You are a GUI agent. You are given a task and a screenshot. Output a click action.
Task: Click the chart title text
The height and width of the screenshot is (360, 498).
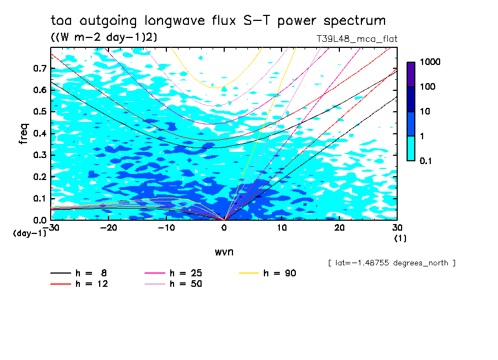click(218, 21)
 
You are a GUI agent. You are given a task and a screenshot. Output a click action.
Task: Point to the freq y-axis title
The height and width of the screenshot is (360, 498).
click(23, 134)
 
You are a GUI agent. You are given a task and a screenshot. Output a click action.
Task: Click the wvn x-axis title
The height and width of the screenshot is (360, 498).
click(224, 252)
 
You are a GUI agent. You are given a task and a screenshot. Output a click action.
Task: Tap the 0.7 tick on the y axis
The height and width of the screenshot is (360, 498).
click(41, 68)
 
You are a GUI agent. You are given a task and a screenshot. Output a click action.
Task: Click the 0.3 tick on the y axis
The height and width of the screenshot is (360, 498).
click(41, 155)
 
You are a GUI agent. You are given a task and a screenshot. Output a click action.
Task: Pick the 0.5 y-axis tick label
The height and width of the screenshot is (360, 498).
click(41, 112)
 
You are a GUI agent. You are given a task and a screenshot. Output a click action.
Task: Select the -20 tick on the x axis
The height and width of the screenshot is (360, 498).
click(108, 227)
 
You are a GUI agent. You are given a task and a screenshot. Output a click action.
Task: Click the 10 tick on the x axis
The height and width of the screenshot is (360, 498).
click(282, 227)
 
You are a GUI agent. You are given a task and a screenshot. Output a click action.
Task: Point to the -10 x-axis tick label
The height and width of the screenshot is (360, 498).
click(166, 227)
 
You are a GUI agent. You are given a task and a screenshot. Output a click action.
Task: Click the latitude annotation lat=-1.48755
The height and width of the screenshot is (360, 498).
click(391, 263)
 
